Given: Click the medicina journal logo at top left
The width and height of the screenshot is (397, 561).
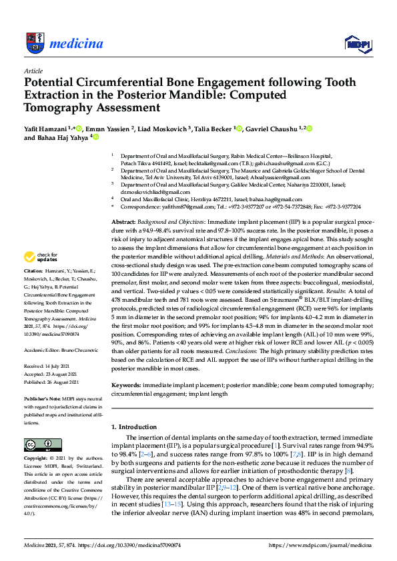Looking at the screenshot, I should click(63, 44).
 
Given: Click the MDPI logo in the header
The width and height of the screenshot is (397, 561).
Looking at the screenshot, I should click(358, 44).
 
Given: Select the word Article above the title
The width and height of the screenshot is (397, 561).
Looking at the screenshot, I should click(33, 70).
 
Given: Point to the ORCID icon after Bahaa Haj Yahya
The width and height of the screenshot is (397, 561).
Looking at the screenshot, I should click(95, 138).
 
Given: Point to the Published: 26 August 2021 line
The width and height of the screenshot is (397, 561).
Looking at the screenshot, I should click(52, 382).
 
